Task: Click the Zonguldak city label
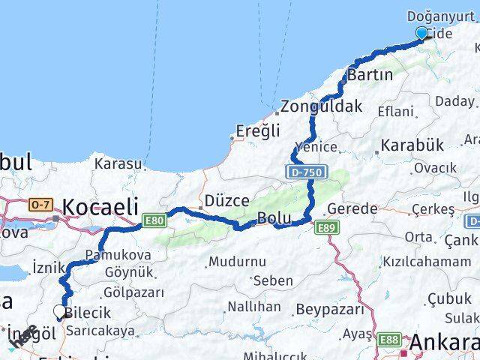click(x=321, y=106)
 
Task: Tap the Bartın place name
click(x=370, y=75)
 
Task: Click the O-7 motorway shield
click(x=40, y=204)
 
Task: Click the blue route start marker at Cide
click(x=421, y=33)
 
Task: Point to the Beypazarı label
click(x=329, y=309)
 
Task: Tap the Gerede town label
click(x=352, y=208)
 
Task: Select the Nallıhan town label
click(x=254, y=307)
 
